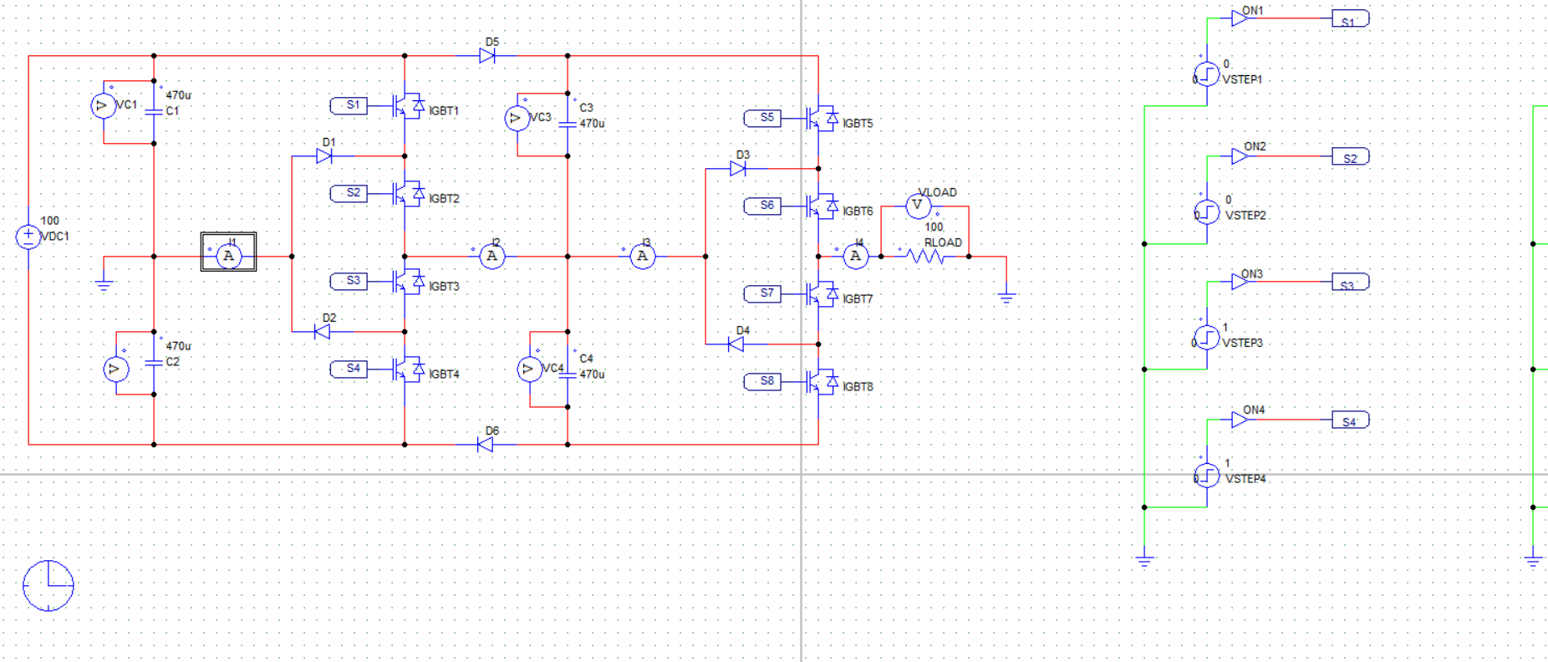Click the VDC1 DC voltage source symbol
pyautogui.click(x=28, y=237)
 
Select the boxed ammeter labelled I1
pyautogui.click(x=228, y=252)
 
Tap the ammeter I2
pyautogui.click(x=492, y=257)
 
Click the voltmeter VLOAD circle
pyautogui.click(x=918, y=205)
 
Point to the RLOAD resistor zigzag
pyautogui.click(x=924, y=257)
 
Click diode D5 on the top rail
pyautogui.click(x=487, y=56)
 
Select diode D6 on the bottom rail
pyautogui.click(x=486, y=445)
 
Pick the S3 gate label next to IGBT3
pyautogui.click(x=349, y=281)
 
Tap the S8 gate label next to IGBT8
pyautogui.click(x=762, y=381)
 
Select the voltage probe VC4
pyautogui.click(x=530, y=369)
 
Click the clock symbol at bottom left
pyautogui.click(x=48, y=585)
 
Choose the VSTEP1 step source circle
pyautogui.click(x=1207, y=75)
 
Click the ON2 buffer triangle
pyautogui.click(x=1240, y=156)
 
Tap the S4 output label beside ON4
pyautogui.click(x=1350, y=420)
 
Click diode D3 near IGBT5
pyautogui.click(x=737, y=169)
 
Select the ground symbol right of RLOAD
pyautogui.click(x=1006, y=296)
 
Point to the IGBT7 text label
pyautogui.click(x=858, y=299)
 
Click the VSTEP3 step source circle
pyautogui.click(x=1207, y=338)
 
